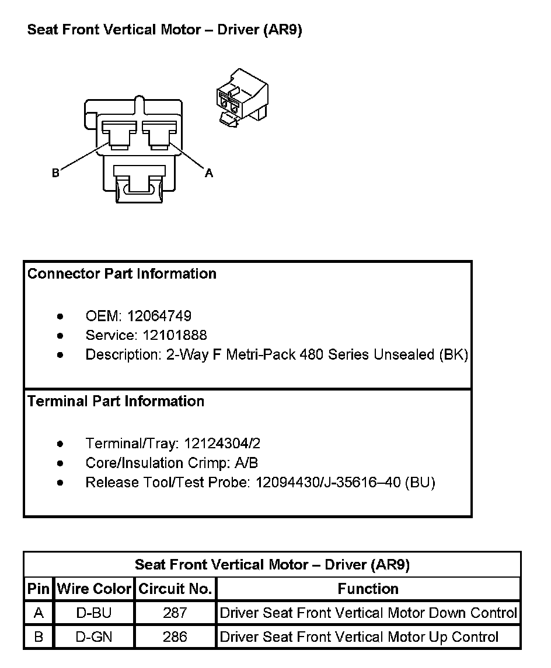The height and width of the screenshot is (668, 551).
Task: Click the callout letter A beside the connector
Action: (x=208, y=173)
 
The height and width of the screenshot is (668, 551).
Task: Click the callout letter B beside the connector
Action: (x=55, y=173)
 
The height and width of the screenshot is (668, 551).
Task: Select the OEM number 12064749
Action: (x=159, y=316)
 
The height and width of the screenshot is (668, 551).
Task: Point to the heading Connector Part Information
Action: (x=122, y=273)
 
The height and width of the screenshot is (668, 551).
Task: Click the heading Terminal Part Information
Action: (x=116, y=401)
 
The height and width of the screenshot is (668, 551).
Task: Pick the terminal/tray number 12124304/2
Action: (x=222, y=444)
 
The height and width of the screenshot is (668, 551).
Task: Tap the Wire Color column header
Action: (x=94, y=589)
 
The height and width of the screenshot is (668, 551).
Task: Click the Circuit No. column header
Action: (x=175, y=589)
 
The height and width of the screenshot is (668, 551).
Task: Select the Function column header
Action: (x=368, y=589)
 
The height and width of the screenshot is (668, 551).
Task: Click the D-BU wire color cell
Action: (x=94, y=613)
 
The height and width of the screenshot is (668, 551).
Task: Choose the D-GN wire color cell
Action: (x=94, y=637)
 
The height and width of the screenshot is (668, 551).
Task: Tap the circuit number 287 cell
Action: (x=175, y=613)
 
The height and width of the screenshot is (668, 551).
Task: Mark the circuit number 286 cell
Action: (x=175, y=637)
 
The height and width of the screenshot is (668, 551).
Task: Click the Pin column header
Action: (x=39, y=589)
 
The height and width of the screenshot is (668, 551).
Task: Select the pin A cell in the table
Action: (x=39, y=613)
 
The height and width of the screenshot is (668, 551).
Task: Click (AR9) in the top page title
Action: (x=283, y=30)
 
